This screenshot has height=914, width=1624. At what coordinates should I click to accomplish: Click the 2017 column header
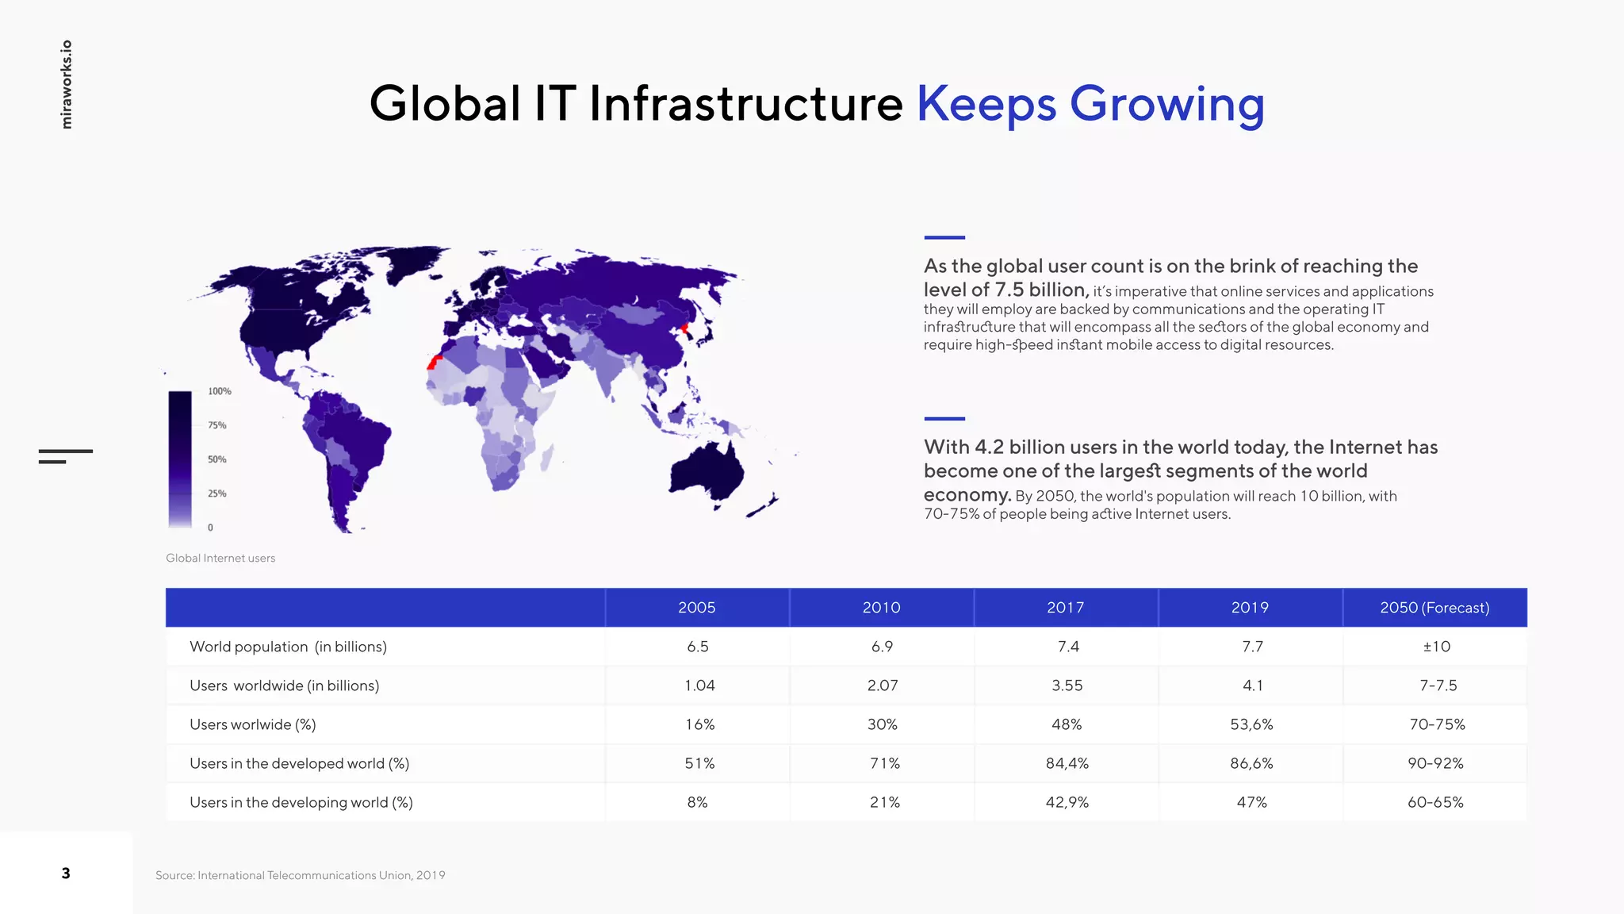coord(1065,607)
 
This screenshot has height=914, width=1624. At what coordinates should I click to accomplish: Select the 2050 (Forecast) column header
coord(1434,607)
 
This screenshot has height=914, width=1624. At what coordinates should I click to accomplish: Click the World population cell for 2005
coord(697,646)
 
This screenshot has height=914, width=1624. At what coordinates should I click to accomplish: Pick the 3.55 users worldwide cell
coord(1067,685)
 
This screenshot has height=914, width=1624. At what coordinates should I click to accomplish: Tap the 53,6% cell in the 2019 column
coord(1251,724)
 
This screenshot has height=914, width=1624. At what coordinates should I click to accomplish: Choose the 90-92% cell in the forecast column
coord(1435,762)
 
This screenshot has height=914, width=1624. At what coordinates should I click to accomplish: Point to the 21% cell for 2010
coord(884,801)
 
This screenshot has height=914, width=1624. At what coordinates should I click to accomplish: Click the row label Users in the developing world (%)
coord(301,801)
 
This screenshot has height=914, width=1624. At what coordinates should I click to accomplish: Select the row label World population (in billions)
coord(288,646)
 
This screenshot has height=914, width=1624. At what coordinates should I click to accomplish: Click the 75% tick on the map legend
coord(217,425)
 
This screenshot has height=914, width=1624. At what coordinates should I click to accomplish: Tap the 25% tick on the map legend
coord(217,493)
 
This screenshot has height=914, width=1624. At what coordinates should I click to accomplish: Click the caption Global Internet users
coord(220,558)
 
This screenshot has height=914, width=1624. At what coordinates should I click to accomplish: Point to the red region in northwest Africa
coord(433,363)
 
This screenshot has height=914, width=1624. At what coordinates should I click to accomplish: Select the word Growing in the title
coord(1166,104)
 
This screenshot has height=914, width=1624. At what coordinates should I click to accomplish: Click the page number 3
coord(66,873)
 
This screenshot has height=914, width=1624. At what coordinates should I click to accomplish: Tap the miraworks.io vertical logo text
coord(67,84)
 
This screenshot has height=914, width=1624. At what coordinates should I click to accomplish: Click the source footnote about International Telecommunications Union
coord(300,875)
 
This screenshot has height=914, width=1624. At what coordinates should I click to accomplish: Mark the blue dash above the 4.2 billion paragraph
coord(944,418)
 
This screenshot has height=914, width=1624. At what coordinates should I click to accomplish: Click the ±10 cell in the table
coord(1435,646)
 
